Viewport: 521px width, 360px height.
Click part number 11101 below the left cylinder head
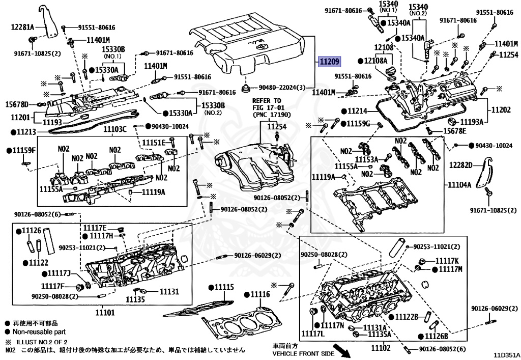tap(105, 312)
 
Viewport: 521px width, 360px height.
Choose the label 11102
tap(381, 348)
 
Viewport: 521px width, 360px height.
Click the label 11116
tap(259, 295)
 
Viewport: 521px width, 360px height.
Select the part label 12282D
tap(461, 165)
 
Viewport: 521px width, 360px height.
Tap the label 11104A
tap(459, 185)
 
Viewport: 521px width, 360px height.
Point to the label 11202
tap(501, 109)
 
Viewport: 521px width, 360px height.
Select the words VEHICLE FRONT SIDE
tap(303, 353)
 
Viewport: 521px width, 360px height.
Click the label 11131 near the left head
tap(169, 291)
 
